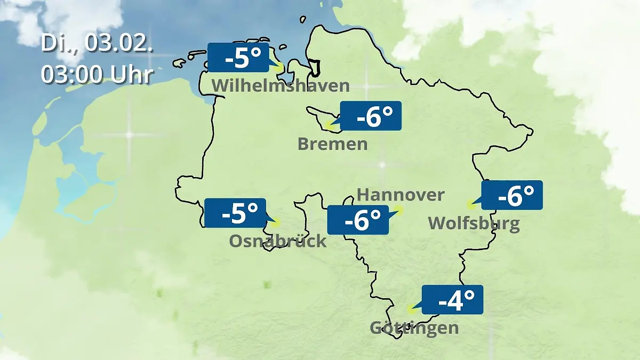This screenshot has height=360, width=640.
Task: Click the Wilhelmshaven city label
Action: click(281, 85)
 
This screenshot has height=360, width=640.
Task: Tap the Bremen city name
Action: click(332, 144)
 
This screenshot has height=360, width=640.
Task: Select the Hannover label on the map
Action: click(400, 195)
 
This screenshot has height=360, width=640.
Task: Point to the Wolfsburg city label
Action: click(474, 223)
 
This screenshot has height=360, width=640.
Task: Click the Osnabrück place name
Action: click(277, 241)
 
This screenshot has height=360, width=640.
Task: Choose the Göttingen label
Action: click(414, 327)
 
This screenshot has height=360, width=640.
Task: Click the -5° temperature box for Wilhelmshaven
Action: click(238, 58)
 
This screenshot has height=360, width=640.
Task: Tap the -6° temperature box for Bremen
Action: click(371, 116)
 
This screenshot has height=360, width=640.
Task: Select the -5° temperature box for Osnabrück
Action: click(235, 213)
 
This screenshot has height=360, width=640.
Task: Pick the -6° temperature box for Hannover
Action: click(357, 219)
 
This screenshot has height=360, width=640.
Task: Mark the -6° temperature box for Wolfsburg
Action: click(512, 195)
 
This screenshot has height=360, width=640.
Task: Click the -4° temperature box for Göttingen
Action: click(452, 299)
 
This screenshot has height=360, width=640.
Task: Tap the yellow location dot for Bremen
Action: click(330, 127)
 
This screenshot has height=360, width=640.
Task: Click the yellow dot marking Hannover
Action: click(398, 210)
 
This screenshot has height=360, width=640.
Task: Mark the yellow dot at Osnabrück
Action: click(275, 223)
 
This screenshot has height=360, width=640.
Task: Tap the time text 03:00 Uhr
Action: click(97, 75)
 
